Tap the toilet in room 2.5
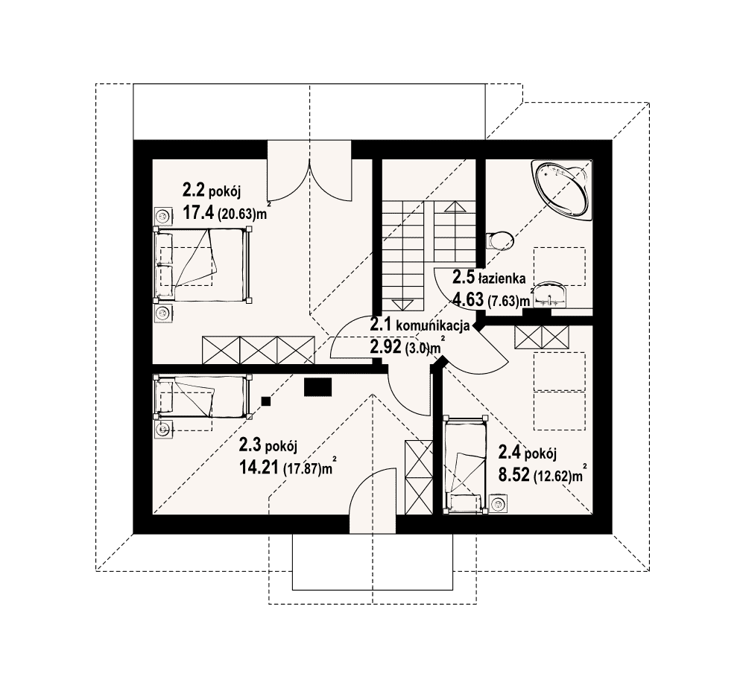click(498, 241)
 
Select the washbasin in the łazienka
click(550, 296)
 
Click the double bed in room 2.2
click(202, 264)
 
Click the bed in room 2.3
click(202, 397)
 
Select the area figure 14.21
click(259, 468)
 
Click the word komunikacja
click(433, 326)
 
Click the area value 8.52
click(513, 474)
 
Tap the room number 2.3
click(250, 445)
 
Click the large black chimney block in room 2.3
click(317, 387)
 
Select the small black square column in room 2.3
click(266, 401)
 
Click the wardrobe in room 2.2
click(259, 350)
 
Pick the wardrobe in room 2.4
click(542, 337)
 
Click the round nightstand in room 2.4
click(499, 504)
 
